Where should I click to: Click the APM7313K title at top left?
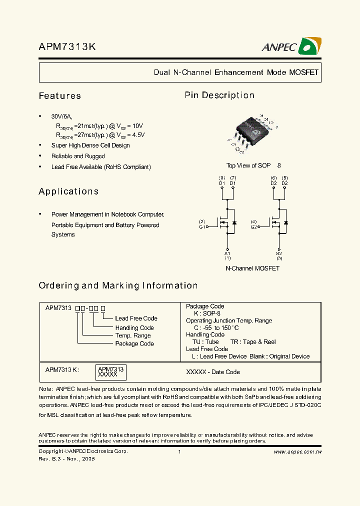click(67, 47)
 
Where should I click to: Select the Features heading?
click(60, 96)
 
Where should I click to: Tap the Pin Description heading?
click(219, 95)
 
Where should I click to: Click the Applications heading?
click(68, 191)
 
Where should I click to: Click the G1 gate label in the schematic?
click(202, 226)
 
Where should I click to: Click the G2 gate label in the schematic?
click(253, 226)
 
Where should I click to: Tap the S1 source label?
click(227, 253)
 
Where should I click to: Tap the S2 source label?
click(279, 253)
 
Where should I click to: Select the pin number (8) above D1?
click(222, 178)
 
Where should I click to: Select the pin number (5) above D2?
click(284, 178)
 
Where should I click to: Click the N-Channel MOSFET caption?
click(252, 268)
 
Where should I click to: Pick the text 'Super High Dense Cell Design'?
click(90, 145)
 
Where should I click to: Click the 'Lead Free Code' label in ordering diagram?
click(136, 318)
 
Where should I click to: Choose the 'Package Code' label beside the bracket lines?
click(134, 344)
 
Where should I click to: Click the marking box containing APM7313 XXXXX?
click(108, 371)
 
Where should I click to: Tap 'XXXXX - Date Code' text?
click(213, 372)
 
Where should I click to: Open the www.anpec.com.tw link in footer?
click(297, 451)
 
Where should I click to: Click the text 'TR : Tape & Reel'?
click(253, 342)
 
